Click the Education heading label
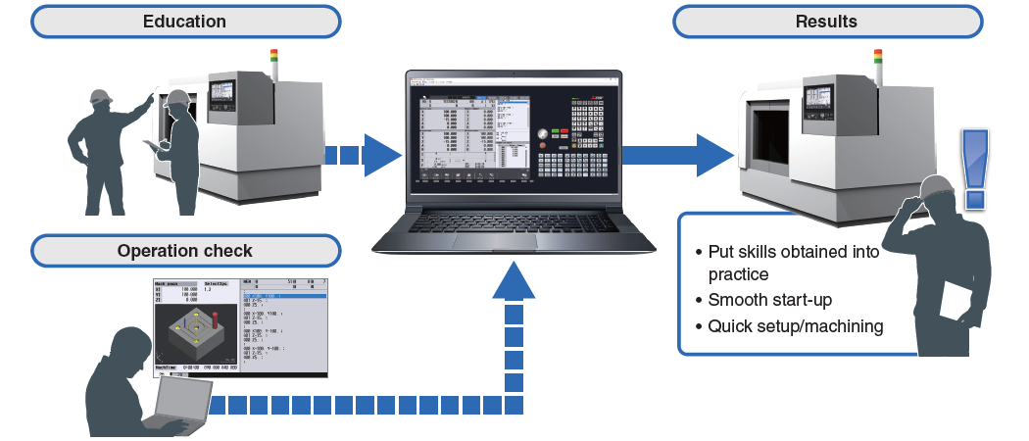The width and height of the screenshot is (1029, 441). (x=184, y=22)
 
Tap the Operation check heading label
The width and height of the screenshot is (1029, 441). (x=184, y=251)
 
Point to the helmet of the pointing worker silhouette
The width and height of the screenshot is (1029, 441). (x=99, y=97)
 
